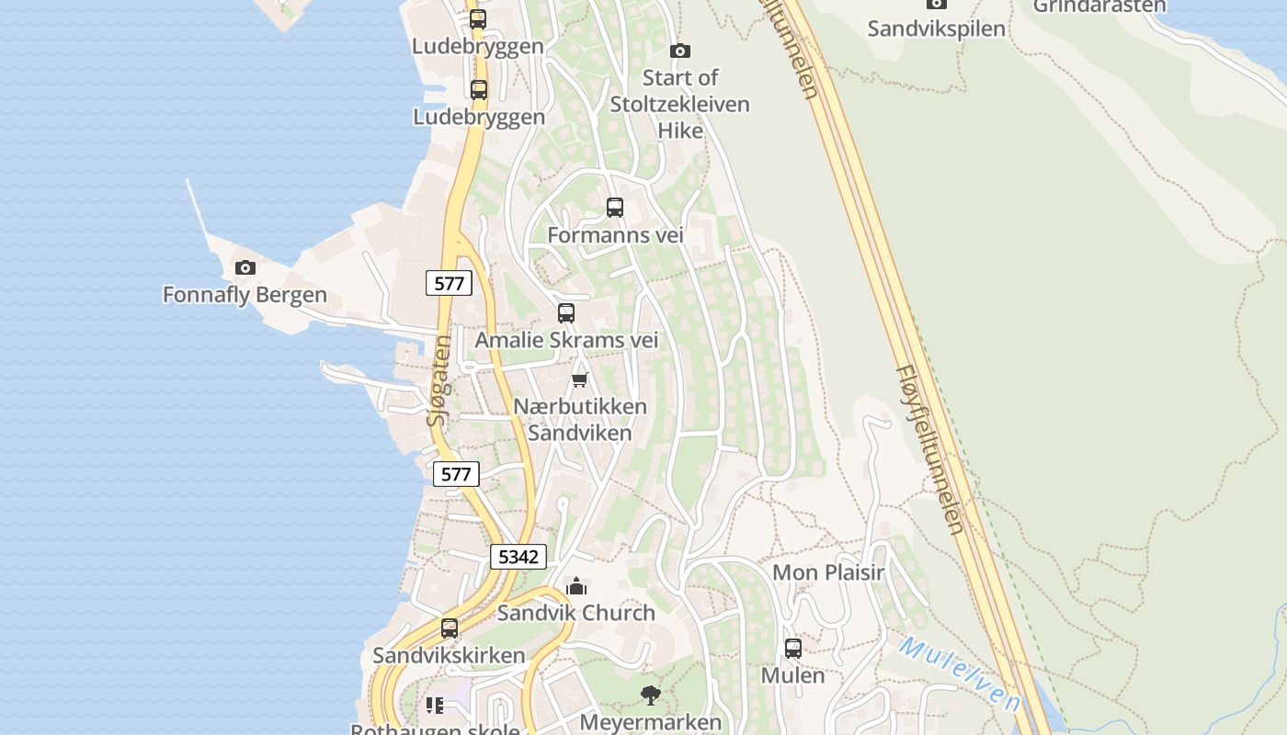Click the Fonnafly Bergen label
245,295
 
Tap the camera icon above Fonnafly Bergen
245,268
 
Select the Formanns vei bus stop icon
615,208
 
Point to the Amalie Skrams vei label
566,340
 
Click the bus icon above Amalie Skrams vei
566,313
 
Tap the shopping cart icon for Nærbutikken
579,379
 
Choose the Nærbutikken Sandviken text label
579,419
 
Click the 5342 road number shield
518,557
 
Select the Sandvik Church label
575,613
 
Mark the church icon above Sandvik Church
576,586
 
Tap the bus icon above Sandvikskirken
449,628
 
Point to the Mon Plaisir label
827,572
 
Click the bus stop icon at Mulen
792,649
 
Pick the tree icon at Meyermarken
650,695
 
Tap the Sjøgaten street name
440,379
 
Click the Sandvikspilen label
936,28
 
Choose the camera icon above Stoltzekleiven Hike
680,51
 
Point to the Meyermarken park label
650,722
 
